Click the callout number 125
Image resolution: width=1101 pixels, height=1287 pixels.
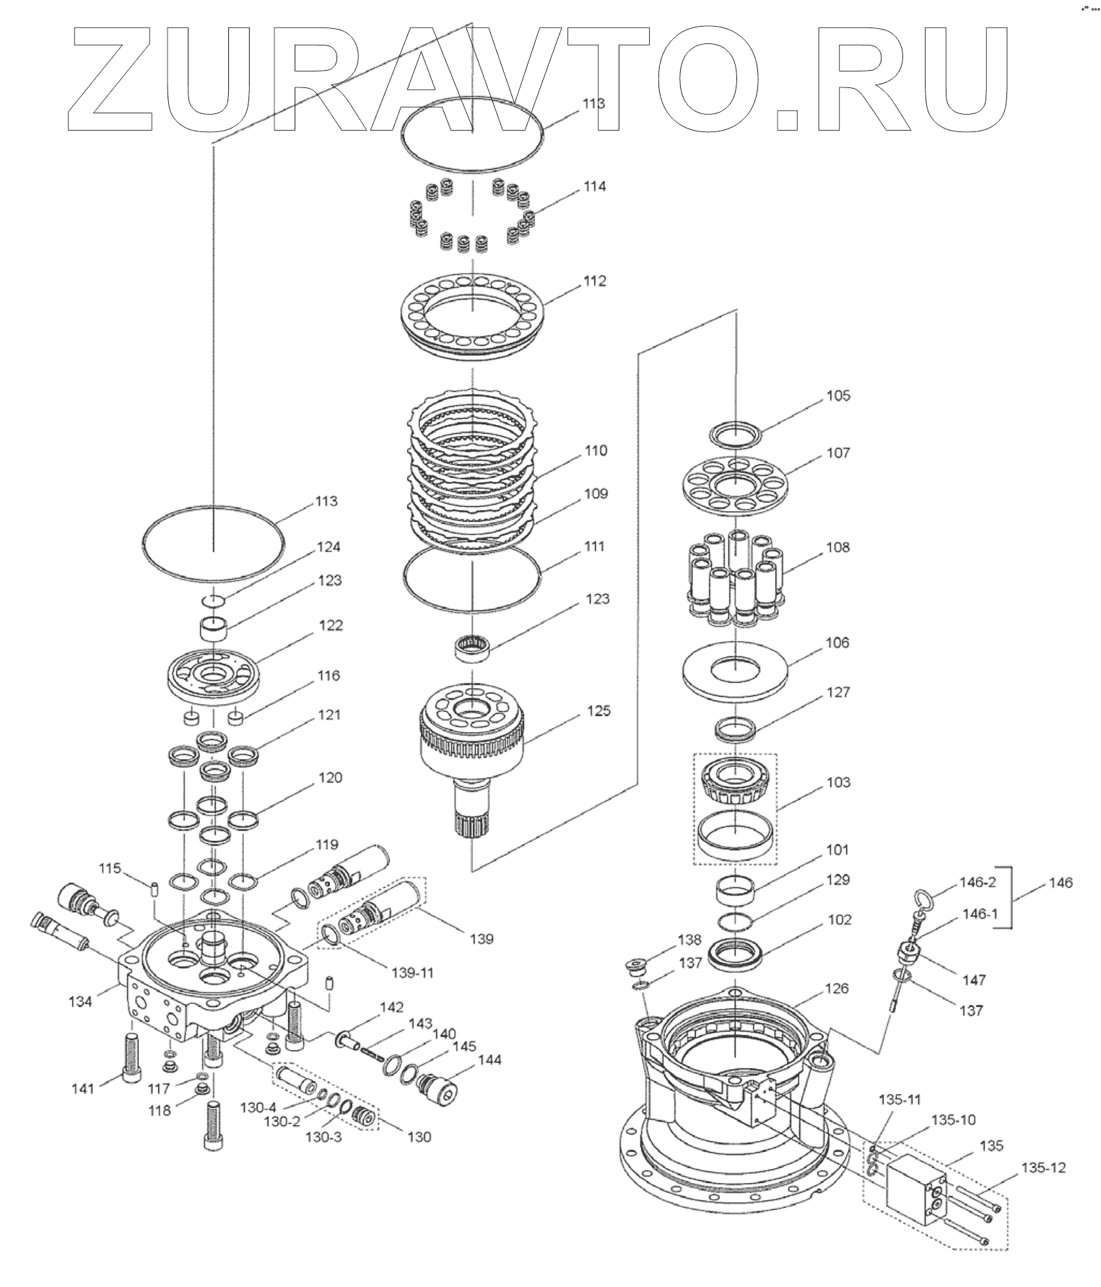(599, 711)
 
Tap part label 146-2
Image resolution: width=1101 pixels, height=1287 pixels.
(978, 882)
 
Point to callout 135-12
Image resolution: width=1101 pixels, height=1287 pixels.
(1043, 1168)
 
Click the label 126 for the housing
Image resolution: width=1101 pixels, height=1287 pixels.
(837, 988)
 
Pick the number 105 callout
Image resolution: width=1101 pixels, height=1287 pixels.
(838, 396)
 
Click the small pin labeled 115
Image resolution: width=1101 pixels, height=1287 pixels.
(153, 889)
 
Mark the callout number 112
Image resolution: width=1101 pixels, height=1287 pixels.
(595, 281)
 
